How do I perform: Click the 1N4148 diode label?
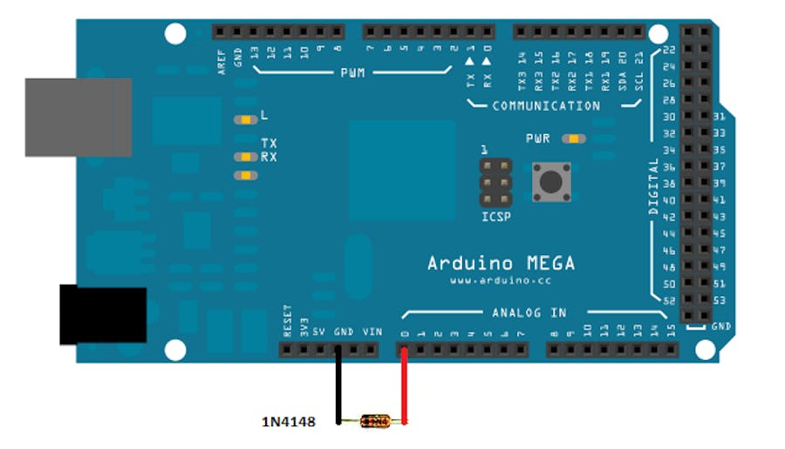tap(288, 422)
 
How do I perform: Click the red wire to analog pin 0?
tap(404, 384)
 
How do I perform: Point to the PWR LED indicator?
tap(574, 138)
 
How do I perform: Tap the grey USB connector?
tap(78, 117)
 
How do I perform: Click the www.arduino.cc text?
tap(501, 281)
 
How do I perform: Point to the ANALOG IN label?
tap(529, 313)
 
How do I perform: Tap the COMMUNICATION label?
tap(546, 106)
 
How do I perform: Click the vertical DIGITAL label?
tap(654, 187)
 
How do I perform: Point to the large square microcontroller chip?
tap(402, 170)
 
